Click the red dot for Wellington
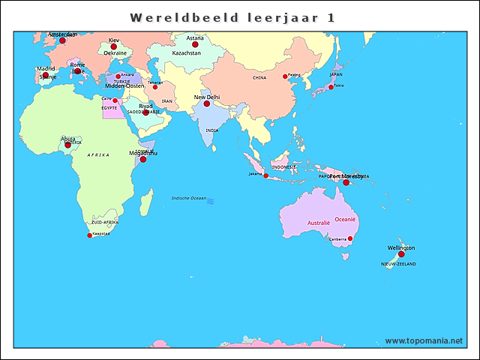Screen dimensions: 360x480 tap(401, 254)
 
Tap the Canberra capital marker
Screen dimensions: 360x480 tap(350, 238)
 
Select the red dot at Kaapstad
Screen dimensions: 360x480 tap(90, 235)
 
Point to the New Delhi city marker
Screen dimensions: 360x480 tap(207, 103)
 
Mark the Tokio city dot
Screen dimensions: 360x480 tap(331, 87)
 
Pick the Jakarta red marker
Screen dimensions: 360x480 tap(265, 175)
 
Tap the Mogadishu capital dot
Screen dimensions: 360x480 tap(143, 159)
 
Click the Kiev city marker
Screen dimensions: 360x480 tap(114, 46)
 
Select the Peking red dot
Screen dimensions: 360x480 tap(285, 76)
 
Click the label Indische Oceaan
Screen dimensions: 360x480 tap(188, 198)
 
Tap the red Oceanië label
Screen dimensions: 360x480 tap(345, 219)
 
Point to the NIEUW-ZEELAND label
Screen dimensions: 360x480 tap(398, 264)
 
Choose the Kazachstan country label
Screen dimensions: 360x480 tap(187, 54)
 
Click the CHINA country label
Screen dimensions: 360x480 tap(259, 77)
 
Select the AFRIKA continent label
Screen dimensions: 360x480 tap(98, 154)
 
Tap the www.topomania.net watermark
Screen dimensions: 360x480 tap(424, 340)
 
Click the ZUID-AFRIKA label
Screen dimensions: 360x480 tap(105, 223)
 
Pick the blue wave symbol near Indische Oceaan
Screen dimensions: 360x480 tap(211, 201)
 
